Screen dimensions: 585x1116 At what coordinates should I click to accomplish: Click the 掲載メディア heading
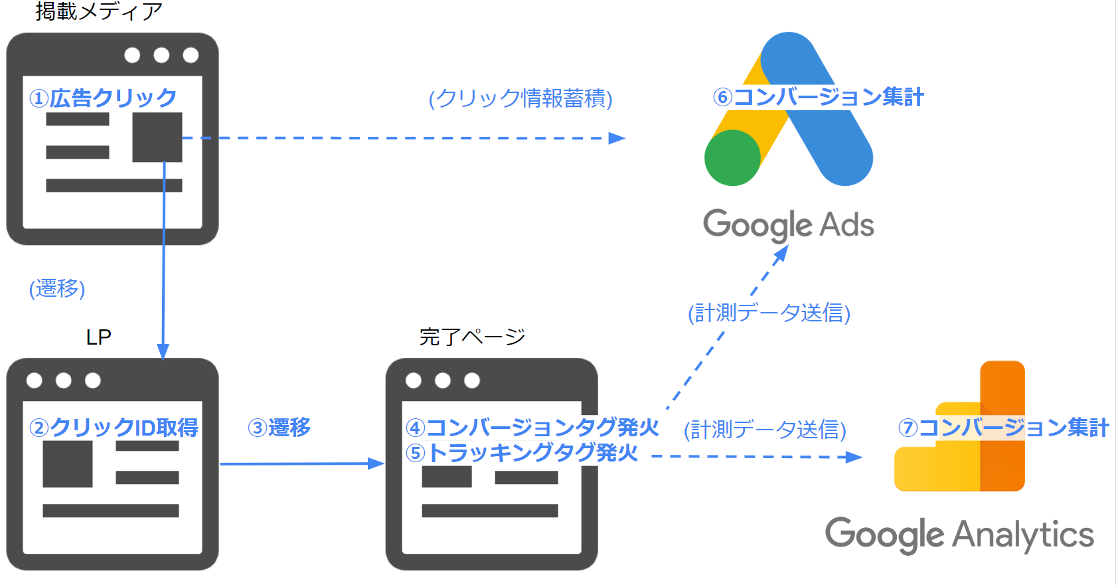[x=99, y=11]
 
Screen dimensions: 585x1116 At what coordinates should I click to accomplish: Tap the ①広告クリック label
[x=103, y=98]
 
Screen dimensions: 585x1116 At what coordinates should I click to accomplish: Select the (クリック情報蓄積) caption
[x=520, y=98]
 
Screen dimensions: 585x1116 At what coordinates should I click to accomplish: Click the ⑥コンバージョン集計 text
[x=818, y=97]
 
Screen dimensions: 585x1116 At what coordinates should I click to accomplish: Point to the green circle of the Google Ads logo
[x=732, y=158]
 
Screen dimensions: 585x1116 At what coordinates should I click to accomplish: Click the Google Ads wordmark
[x=788, y=224]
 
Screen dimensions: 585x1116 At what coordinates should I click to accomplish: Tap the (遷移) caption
[x=57, y=288]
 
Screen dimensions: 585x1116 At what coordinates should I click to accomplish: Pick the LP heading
[x=98, y=337]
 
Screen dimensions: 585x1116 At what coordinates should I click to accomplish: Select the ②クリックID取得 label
[x=114, y=427]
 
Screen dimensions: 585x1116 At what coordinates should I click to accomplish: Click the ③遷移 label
[x=279, y=427]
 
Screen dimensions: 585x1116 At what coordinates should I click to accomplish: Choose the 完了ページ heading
[x=472, y=337]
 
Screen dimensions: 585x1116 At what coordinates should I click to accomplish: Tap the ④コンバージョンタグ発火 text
[x=532, y=427]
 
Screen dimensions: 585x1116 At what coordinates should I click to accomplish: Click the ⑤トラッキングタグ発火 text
[x=522, y=453]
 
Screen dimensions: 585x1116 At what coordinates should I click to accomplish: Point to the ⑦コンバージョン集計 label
[x=1003, y=427]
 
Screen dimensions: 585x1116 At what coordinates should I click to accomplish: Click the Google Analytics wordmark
[x=959, y=535]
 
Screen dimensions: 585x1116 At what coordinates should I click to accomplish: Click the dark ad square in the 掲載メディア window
[x=157, y=137]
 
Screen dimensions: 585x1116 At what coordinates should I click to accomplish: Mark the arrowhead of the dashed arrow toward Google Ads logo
[x=617, y=138]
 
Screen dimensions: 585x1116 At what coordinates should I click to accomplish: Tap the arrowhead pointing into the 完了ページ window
[x=376, y=463]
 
